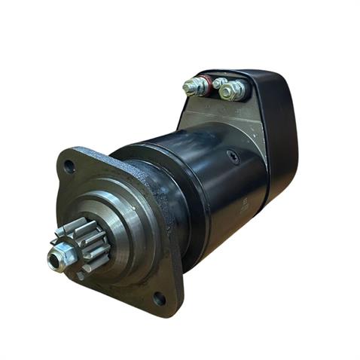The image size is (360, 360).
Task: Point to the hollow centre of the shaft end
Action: click(56, 260)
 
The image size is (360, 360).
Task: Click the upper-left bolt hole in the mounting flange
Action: click(70, 166)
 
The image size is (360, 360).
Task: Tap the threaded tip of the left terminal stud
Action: click(189, 88)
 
